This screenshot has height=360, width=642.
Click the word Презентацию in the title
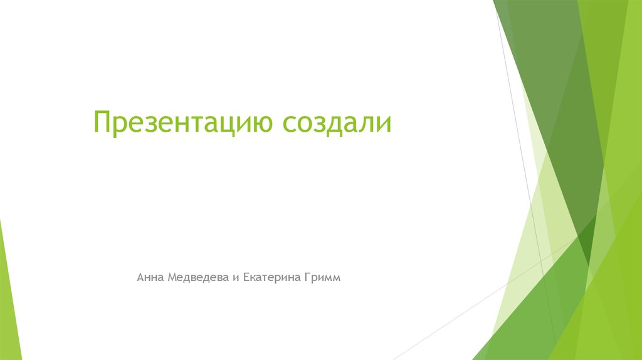tap(182, 122)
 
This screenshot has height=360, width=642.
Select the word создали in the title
tap(336, 122)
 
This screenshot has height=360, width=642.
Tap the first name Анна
tap(150, 277)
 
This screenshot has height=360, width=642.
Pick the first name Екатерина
tap(271, 277)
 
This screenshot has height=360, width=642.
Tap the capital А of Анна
tap(141, 277)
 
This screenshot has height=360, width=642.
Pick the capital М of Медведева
tap(172, 277)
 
